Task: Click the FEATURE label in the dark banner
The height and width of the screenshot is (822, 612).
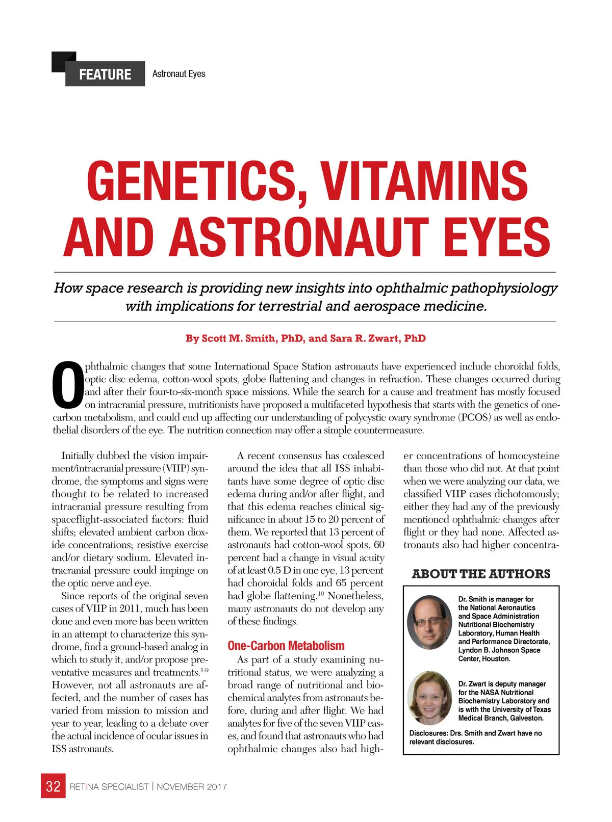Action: (105, 74)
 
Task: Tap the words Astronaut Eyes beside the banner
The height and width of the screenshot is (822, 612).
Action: (178, 74)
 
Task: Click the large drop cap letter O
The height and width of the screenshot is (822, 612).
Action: (68, 386)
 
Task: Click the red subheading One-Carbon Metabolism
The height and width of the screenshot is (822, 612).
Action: (286, 646)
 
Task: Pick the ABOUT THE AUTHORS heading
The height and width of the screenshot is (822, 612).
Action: (481, 574)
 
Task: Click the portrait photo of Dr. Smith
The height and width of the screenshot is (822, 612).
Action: (430, 622)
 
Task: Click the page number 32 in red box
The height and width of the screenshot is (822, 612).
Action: (53, 786)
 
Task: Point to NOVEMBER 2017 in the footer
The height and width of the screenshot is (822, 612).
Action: (192, 787)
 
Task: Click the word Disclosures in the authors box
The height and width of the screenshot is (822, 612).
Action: (427, 733)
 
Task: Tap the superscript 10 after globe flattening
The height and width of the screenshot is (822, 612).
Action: (321, 593)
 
